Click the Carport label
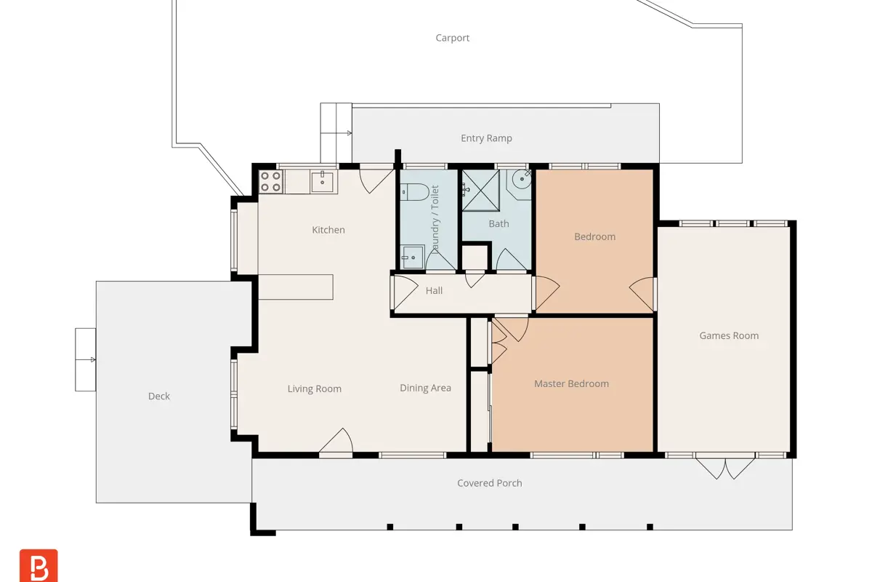[x=452, y=38]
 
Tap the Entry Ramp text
[x=486, y=138]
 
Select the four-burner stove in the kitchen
[x=270, y=182]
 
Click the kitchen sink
[x=323, y=182]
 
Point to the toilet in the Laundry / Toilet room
[x=414, y=192]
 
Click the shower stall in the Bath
[x=481, y=190]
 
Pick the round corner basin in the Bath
[x=521, y=179]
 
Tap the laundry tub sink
[x=413, y=258]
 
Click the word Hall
[x=434, y=291]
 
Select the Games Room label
[x=729, y=335]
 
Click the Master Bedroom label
[x=571, y=383]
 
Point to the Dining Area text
[x=426, y=388]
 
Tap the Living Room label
[x=315, y=388]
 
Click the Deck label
[x=159, y=396]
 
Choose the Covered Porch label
[x=490, y=483]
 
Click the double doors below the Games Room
[x=725, y=468]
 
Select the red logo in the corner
[x=39, y=565]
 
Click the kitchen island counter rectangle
[x=296, y=287]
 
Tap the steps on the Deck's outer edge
[x=86, y=359]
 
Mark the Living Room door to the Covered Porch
[x=336, y=442]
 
